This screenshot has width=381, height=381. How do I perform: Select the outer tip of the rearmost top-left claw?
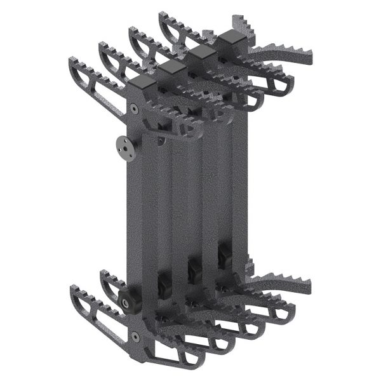(161, 13)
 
